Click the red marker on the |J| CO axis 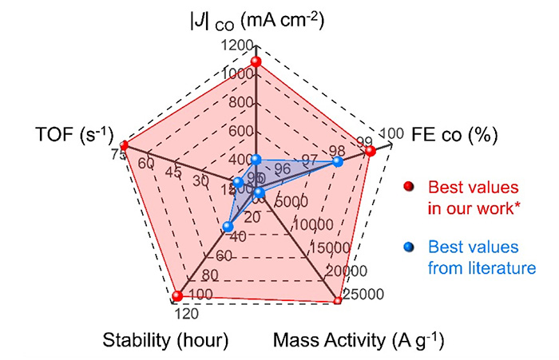tap(256, 62)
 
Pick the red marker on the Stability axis tap(177, 297)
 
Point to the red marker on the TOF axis tap(124, 145)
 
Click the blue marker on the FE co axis tap(337, 162)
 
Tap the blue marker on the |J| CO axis tap(256, 160)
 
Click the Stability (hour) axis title tap(166, 341)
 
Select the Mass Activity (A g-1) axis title tap(359, 341)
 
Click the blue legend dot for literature tap(410, 247)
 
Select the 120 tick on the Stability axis tap(182, 312)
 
